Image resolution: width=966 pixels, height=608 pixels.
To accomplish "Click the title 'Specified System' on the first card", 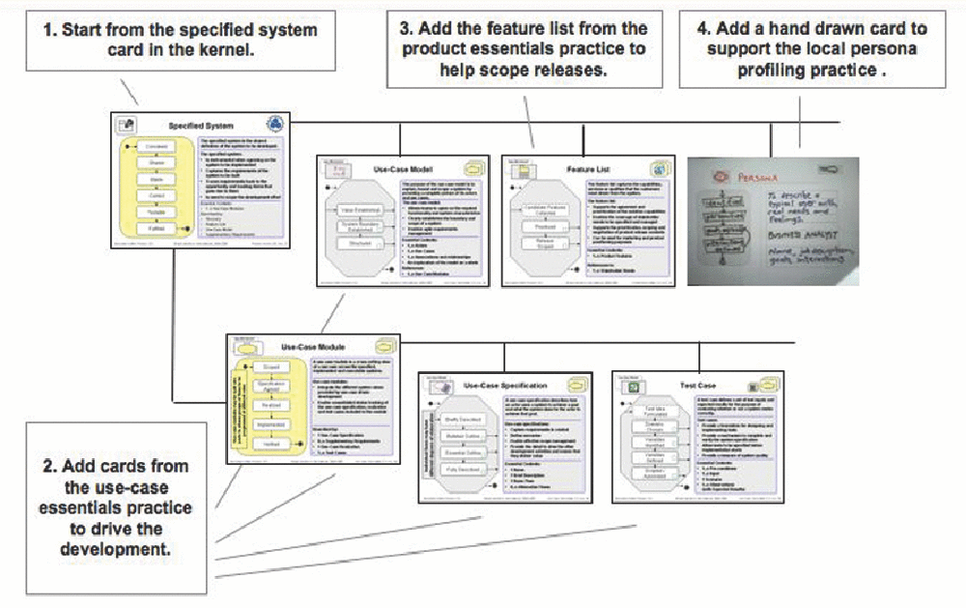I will click(200, 125).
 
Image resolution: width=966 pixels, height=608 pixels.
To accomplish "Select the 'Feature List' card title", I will click(592, 169).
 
